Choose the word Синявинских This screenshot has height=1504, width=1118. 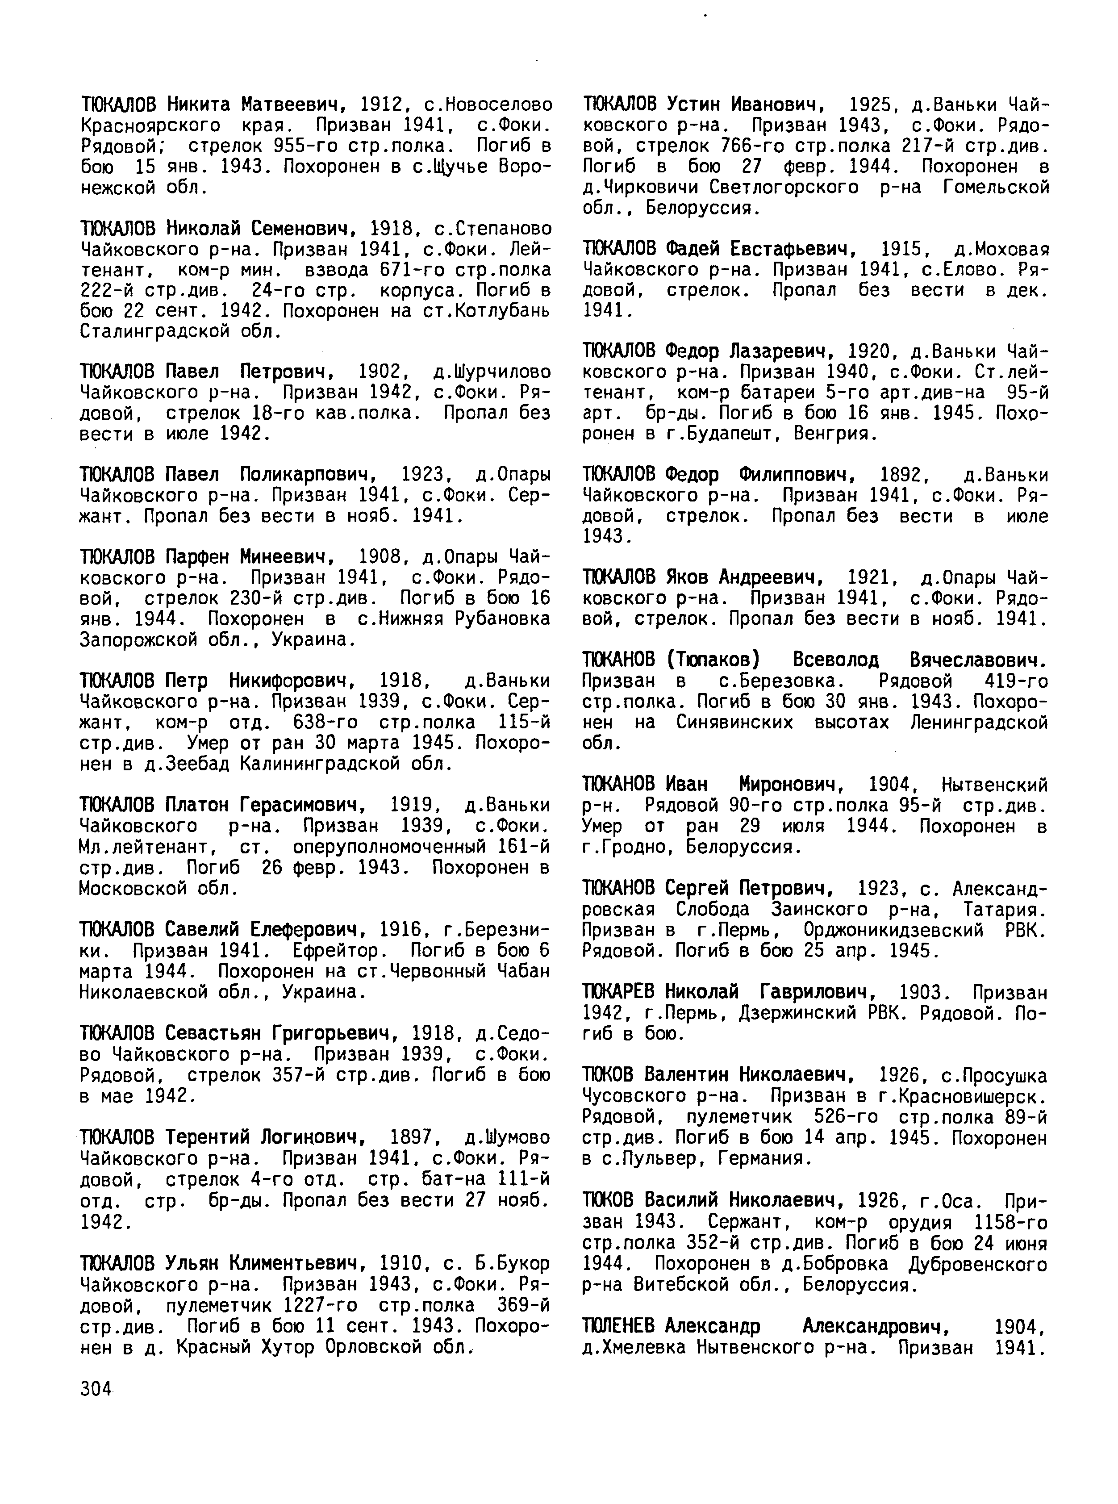coord(734,722)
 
